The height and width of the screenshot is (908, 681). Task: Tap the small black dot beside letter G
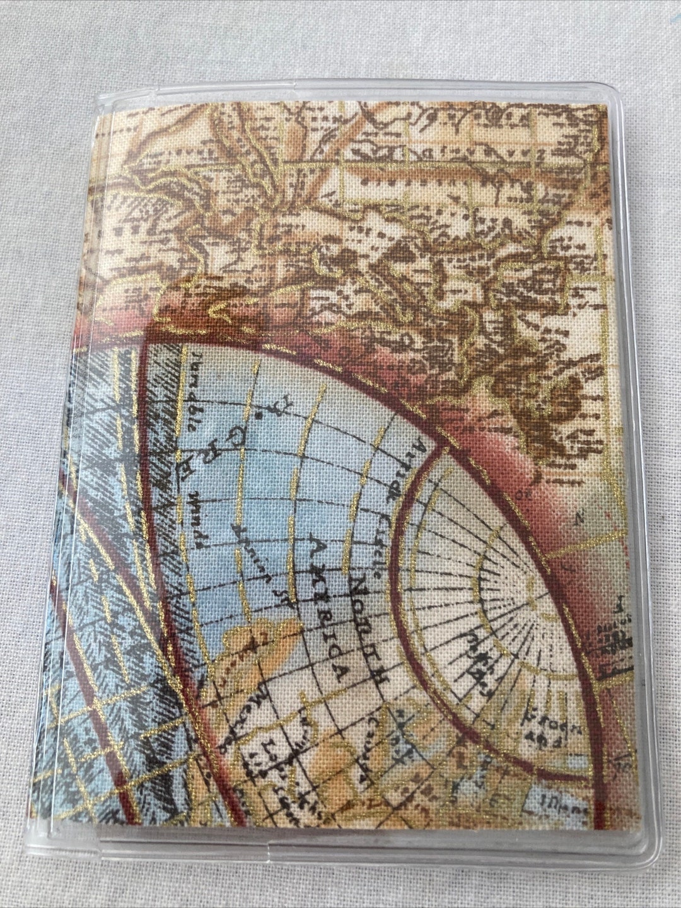pos(259,417)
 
